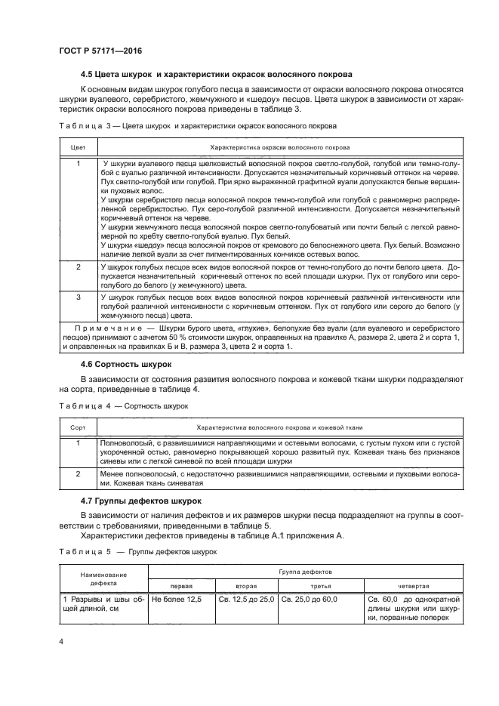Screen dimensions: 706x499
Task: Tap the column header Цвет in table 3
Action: [78, 146]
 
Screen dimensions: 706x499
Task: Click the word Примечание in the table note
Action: [110, 329]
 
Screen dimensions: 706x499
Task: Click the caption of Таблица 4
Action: [123, 405]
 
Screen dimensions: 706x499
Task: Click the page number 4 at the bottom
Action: [61, 641]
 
